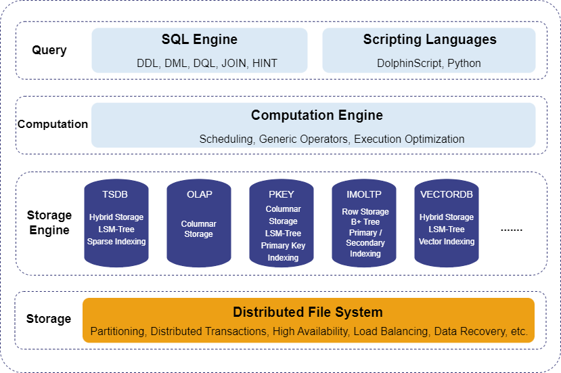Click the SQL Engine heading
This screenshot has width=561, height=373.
200,40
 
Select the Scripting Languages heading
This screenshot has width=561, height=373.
430,40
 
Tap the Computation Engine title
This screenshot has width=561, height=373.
317,115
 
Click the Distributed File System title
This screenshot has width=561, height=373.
308,312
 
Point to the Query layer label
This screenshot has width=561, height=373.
49,50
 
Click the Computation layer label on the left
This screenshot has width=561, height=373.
53,124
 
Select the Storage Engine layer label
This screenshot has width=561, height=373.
49,223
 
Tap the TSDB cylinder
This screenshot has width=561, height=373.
116,223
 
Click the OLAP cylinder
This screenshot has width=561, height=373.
199,223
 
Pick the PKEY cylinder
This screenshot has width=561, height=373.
282,223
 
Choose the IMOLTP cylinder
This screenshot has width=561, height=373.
365,223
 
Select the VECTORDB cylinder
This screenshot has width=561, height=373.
447,223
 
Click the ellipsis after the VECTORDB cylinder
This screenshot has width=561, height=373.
512,230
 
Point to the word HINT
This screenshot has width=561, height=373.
265,64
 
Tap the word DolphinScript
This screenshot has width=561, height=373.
409,64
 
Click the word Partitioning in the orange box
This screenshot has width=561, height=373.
117,332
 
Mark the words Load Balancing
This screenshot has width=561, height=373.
388,332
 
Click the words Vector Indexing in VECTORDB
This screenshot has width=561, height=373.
447,242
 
